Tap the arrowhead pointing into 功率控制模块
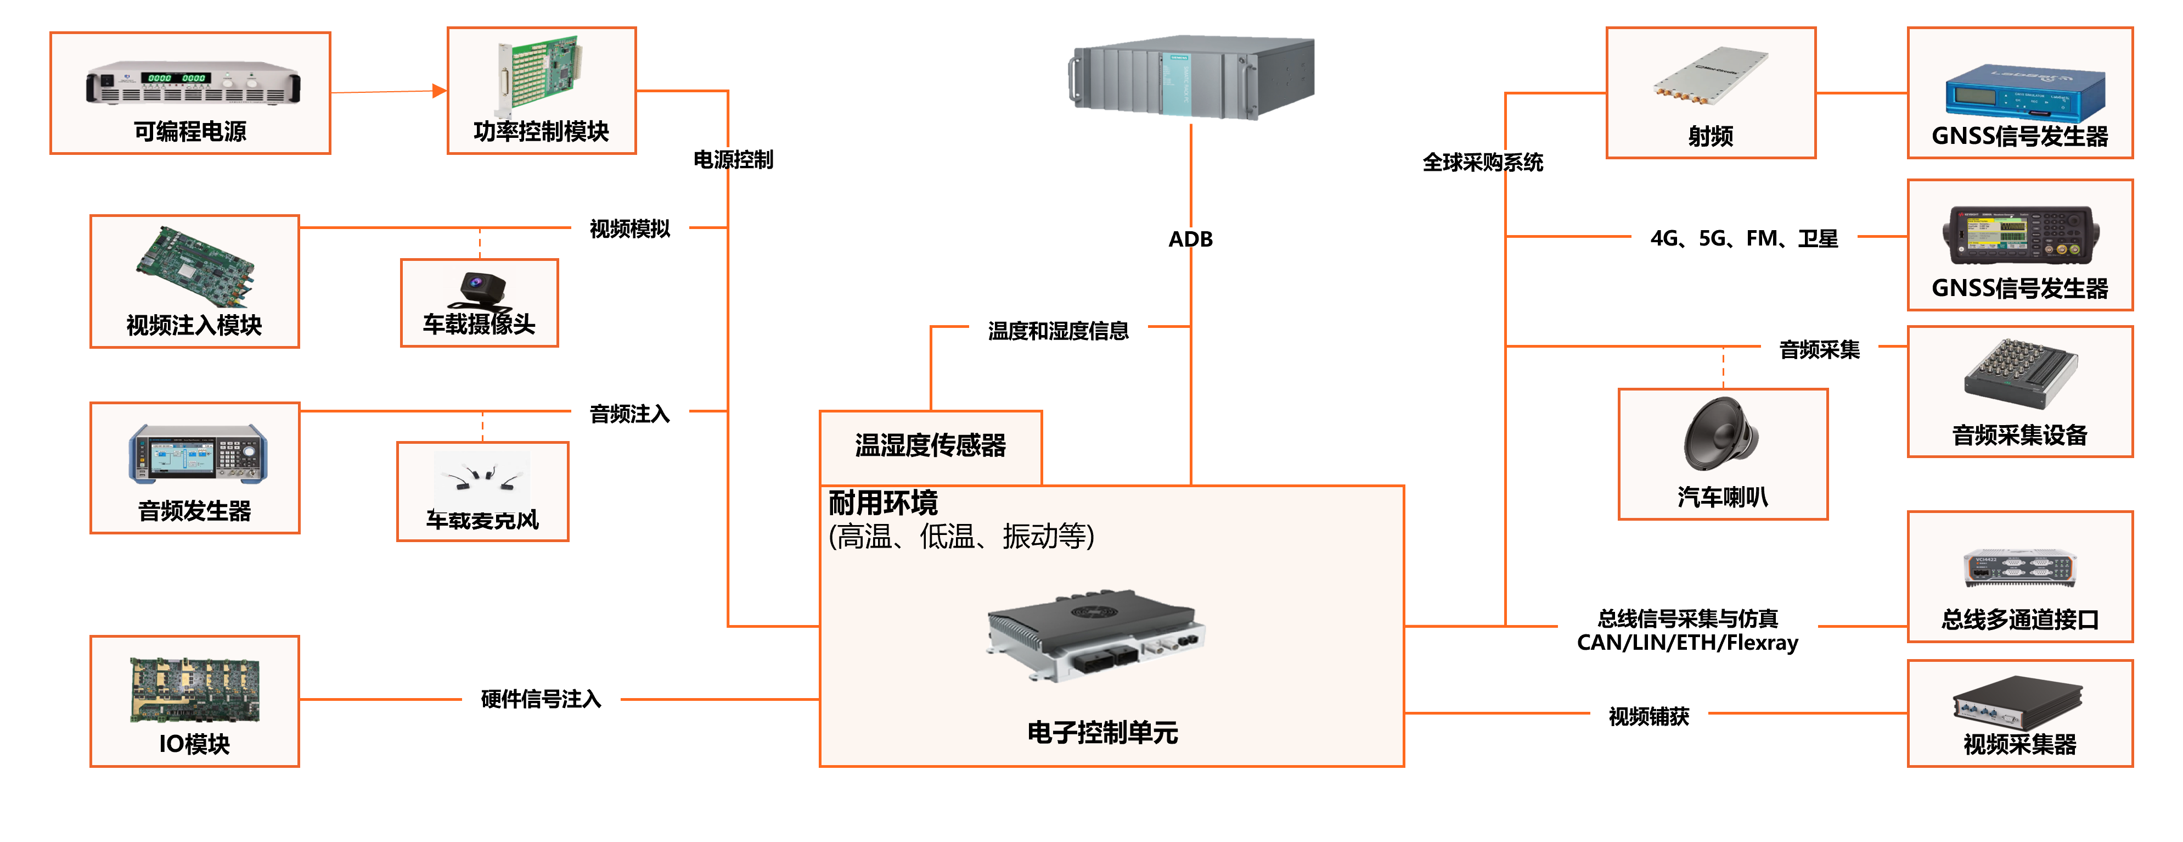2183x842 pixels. click(439, 91)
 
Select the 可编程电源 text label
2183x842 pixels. click(190, 131)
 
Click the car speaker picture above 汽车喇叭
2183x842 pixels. click(1720, 434)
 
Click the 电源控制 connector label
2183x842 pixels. click(733, 158)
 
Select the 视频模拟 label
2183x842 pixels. click(629, 227)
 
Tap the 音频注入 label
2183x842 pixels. click(629, 412)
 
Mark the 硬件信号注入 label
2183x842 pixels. click(541, 697)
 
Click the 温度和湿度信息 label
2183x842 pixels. click(1057, 329)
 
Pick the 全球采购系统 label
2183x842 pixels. click(1482, 160)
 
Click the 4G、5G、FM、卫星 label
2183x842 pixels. click(1743, 237)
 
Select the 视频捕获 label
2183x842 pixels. click(1648, 715)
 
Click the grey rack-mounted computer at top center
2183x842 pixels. click(1191, 78)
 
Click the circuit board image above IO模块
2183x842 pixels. click(194, 689)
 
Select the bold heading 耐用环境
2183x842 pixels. click(883, 503)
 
